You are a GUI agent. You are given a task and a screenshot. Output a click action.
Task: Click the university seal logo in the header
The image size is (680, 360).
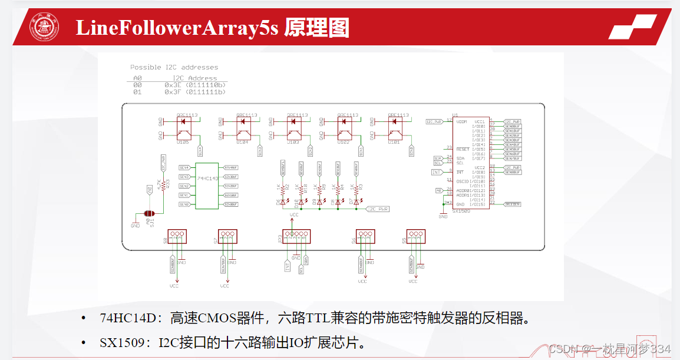point(45,28)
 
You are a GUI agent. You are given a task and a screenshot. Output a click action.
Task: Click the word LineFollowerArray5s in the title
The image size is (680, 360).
point(176,28)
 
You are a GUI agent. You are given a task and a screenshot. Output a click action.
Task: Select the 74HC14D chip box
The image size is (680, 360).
point(207,186)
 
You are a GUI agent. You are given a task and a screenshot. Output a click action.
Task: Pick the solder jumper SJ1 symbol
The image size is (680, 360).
point(148,214)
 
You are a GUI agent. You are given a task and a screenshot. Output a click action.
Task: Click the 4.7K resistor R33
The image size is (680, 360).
point(163,184)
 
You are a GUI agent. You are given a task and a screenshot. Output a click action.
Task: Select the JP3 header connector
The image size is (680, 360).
point(295,236)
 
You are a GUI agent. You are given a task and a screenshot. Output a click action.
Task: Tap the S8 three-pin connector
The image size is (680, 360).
point(176,236)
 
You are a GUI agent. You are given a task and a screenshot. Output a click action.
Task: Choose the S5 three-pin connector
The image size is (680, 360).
point(415,236)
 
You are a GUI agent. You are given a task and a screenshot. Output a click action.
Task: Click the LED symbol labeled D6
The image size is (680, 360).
point(283,202)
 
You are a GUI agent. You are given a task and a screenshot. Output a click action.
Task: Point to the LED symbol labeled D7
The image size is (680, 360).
point(356,202)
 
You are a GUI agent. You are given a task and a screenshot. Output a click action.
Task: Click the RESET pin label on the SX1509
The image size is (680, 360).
point(463,149)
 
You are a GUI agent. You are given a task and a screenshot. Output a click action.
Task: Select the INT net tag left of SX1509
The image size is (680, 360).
point(436,172)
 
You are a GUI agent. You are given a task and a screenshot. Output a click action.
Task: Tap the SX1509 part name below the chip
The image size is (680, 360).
point(461,210)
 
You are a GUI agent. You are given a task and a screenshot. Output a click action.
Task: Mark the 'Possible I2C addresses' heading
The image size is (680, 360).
point(174,67)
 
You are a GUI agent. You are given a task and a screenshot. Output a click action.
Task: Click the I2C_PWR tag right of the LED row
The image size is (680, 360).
point(378,209)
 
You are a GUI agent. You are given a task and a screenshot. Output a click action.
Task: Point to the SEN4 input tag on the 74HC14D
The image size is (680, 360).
point(184,168)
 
